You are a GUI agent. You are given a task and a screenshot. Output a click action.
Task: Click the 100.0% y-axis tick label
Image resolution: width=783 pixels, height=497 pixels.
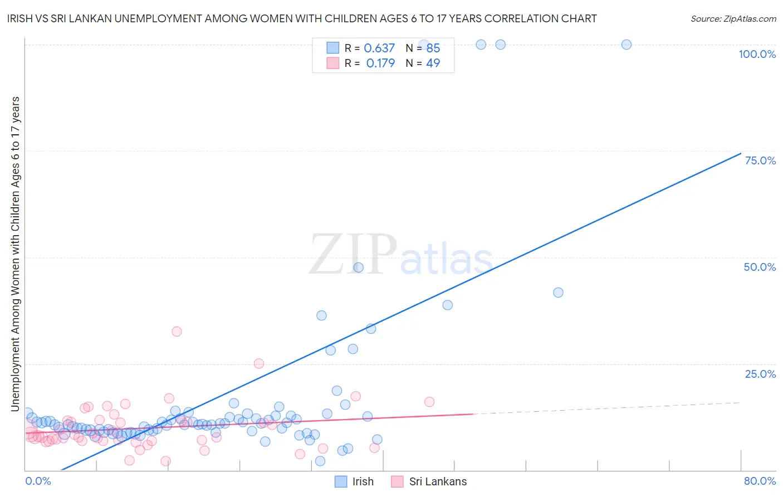tap(757, 54)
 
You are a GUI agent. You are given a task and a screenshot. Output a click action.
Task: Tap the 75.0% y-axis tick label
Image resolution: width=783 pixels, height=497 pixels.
tap(760, 160)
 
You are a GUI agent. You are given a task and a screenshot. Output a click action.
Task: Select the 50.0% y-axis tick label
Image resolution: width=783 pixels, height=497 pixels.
tap(760, 267)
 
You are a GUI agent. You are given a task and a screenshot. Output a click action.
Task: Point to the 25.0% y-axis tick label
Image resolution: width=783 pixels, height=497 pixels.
tap(760, 374)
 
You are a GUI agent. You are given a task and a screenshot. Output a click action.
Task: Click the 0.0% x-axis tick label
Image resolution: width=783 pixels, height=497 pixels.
tap(38, 481)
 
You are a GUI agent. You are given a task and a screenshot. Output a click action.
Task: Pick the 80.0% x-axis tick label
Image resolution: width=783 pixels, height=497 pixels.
tap(760, 481)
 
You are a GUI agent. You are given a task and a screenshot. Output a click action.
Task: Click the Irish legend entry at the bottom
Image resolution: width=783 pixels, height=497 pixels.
tap(363, 481)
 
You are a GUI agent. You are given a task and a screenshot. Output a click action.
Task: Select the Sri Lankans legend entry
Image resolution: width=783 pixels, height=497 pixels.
tap(438, 481)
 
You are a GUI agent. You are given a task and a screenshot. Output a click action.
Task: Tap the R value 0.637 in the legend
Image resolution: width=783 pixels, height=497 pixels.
tap(379, 48)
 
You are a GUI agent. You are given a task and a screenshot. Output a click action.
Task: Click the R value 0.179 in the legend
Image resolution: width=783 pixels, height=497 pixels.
tap(380, 63)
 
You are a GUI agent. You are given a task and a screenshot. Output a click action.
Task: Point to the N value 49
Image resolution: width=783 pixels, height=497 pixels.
tap(433, 63)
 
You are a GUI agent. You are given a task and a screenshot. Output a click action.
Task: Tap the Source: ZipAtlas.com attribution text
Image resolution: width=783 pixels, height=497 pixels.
tap(733, 18)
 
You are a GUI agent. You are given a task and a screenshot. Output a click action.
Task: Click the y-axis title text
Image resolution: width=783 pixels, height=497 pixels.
tap(15, 254)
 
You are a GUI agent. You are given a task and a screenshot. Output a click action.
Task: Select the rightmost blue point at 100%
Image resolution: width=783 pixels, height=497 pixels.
tap(627, 45)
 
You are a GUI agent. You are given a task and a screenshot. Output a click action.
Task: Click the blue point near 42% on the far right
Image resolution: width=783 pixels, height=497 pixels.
tap(558, 293)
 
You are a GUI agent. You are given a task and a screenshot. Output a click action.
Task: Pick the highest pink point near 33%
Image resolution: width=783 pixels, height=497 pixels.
tap(177, 332)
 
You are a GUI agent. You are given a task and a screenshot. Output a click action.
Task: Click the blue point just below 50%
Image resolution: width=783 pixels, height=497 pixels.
tap(359, 267)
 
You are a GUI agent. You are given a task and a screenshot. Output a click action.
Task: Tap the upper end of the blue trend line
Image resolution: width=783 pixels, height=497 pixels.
tap(740, 153)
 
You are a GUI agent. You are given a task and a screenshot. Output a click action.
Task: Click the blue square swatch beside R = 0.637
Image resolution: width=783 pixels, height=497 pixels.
tap(332, 48)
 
